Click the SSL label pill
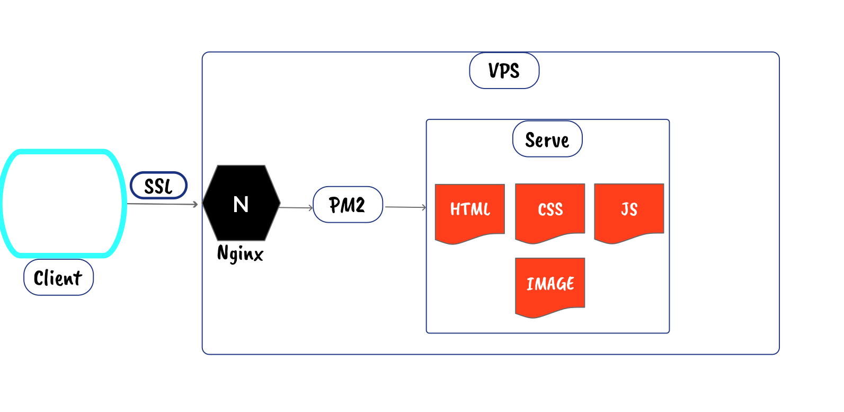[158, 186]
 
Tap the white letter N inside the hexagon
[241, 204]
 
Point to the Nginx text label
[240, 253]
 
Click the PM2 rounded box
[348, 205]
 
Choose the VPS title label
[504, 71]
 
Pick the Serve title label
[547, 139]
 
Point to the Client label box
[58, 277]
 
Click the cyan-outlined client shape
[63, 204]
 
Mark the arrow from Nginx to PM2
[296, 207]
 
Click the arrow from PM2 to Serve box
[405, 207]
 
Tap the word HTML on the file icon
[470, 209]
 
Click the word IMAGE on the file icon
[550, 284]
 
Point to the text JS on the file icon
[629, 209]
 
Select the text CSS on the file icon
[550, 209]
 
